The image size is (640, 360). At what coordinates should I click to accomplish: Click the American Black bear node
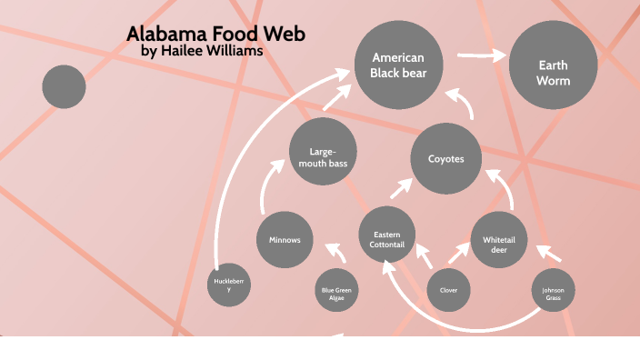[398, 65]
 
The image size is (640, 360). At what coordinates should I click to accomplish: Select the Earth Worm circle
[553, 66]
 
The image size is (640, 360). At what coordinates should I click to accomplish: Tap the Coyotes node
[446, 159]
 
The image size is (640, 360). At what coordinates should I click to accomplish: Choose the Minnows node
[285, 240]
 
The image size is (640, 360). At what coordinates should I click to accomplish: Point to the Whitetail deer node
[499, 240]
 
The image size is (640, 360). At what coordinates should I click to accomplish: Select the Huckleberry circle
[229, 285]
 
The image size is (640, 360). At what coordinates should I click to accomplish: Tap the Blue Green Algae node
[336, 292]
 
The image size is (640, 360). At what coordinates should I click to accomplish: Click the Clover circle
[449, 291]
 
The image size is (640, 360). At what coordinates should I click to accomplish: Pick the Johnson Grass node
[554, 292]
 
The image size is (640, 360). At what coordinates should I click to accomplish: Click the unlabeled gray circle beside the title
[64, 87]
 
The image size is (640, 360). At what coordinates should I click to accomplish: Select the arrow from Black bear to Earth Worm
[482, 56]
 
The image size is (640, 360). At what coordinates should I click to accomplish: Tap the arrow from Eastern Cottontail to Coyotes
[401, 188]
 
